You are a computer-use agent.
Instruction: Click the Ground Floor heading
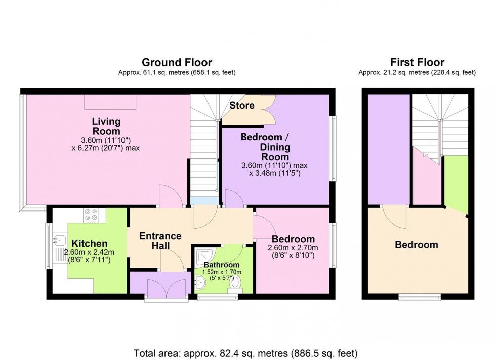[177, 63]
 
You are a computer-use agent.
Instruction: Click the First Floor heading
[417, 63]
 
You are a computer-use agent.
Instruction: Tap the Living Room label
[106, 126]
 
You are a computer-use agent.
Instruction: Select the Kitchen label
[89, 243]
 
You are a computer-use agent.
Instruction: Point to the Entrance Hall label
[160, 241]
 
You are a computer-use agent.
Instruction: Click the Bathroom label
[221, 265]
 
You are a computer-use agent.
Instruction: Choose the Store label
[241, 106]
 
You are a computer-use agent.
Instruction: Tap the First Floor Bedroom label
[416, 245]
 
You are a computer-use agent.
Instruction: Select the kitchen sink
[58, 241]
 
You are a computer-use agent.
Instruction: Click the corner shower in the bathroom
[204, 256]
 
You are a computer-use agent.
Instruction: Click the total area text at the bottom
[245, 352]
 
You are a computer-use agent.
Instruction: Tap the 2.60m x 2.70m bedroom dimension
[294, 248]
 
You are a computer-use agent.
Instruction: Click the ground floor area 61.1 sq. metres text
[177, 73]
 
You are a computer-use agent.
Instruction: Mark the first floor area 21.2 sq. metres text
[417, 73]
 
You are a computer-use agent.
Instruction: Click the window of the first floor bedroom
[420, 297]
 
